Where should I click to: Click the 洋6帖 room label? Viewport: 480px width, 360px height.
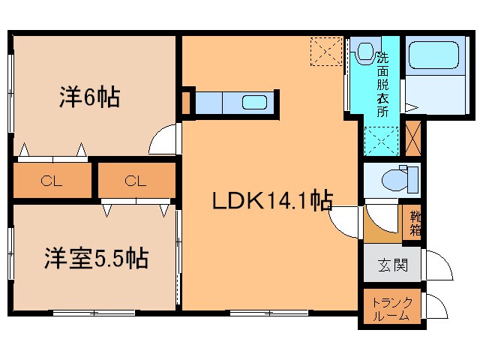[x=89, y=97]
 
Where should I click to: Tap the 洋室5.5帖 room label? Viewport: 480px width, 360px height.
[x=94, y=259]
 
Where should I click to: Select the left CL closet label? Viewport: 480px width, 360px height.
[x=51, y=180]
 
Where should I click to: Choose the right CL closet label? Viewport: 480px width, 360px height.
[x=135, y=180]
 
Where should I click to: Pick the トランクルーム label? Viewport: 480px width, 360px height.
[x=391, y=309]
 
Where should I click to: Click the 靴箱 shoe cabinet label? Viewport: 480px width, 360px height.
[x=414, y=223]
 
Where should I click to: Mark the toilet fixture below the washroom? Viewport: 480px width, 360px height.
[x=394, y=178]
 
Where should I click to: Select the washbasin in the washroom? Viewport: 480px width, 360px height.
[x=364, y=52]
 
